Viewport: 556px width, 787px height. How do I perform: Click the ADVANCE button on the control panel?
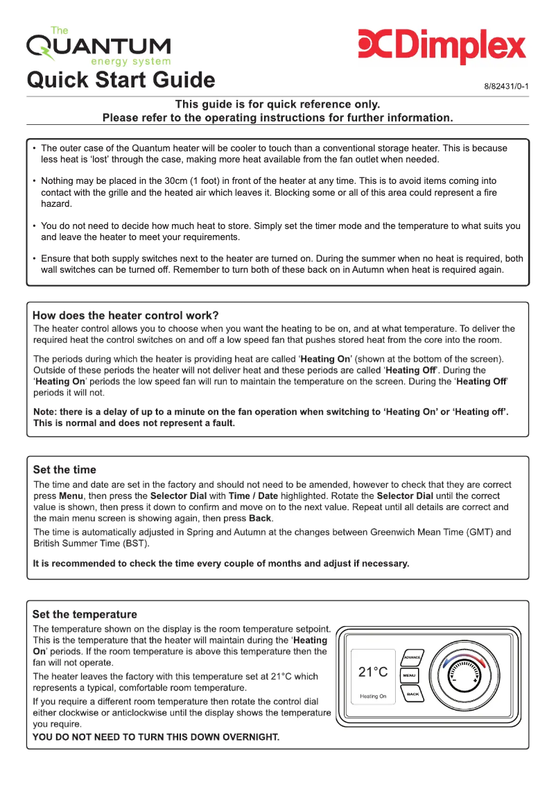pyautogui.click(x=412, y=657)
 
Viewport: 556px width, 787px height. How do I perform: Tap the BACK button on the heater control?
pyautogui.click(x=412, y=693)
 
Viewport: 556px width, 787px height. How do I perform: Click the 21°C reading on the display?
pyautogui.click(x=373, y=672)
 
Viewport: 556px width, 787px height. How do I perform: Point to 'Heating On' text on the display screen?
pyautogui.click(x=373, y=696)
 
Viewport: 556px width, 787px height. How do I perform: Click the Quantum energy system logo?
pyautogui.click(x=98, y=46)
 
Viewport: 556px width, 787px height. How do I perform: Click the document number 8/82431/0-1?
pyautogui.click(x=506, y=87)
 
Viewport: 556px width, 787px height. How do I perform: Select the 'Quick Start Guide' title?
pyautogui.click(x=121, y=80)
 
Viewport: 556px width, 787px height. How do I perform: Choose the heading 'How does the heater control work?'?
pyautogui.click(x=125, y=315)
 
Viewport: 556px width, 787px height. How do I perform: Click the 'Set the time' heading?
pyautogui.click(x=64, y=470)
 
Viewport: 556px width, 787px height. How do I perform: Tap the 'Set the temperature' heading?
pyautogui.click(x=85, y=614)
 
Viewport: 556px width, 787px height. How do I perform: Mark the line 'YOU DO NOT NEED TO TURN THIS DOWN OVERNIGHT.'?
pyautogui.click(x=156, y=737)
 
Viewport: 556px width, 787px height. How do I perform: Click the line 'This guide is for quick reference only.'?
pyautogui.click(x=277, y=104)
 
